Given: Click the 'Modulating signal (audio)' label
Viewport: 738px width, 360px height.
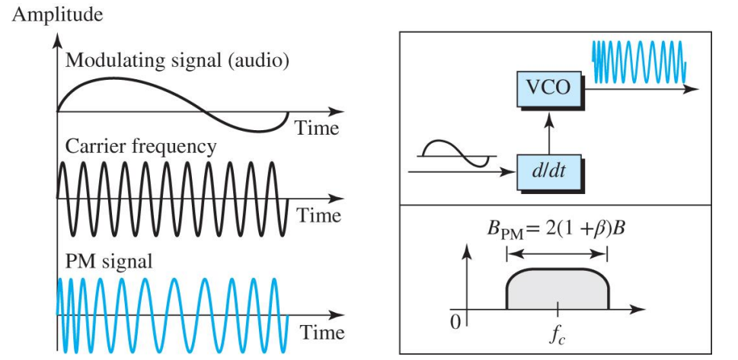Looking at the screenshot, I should coord(177,61).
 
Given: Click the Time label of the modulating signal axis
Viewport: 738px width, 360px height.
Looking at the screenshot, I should coord(318,128).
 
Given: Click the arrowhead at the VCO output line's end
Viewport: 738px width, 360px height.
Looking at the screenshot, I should coord(693,89).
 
